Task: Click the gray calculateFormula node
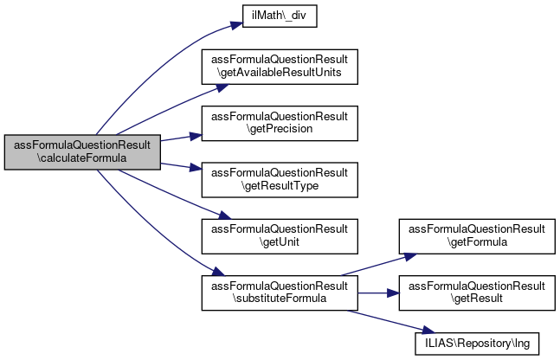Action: [x=83, y=151]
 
